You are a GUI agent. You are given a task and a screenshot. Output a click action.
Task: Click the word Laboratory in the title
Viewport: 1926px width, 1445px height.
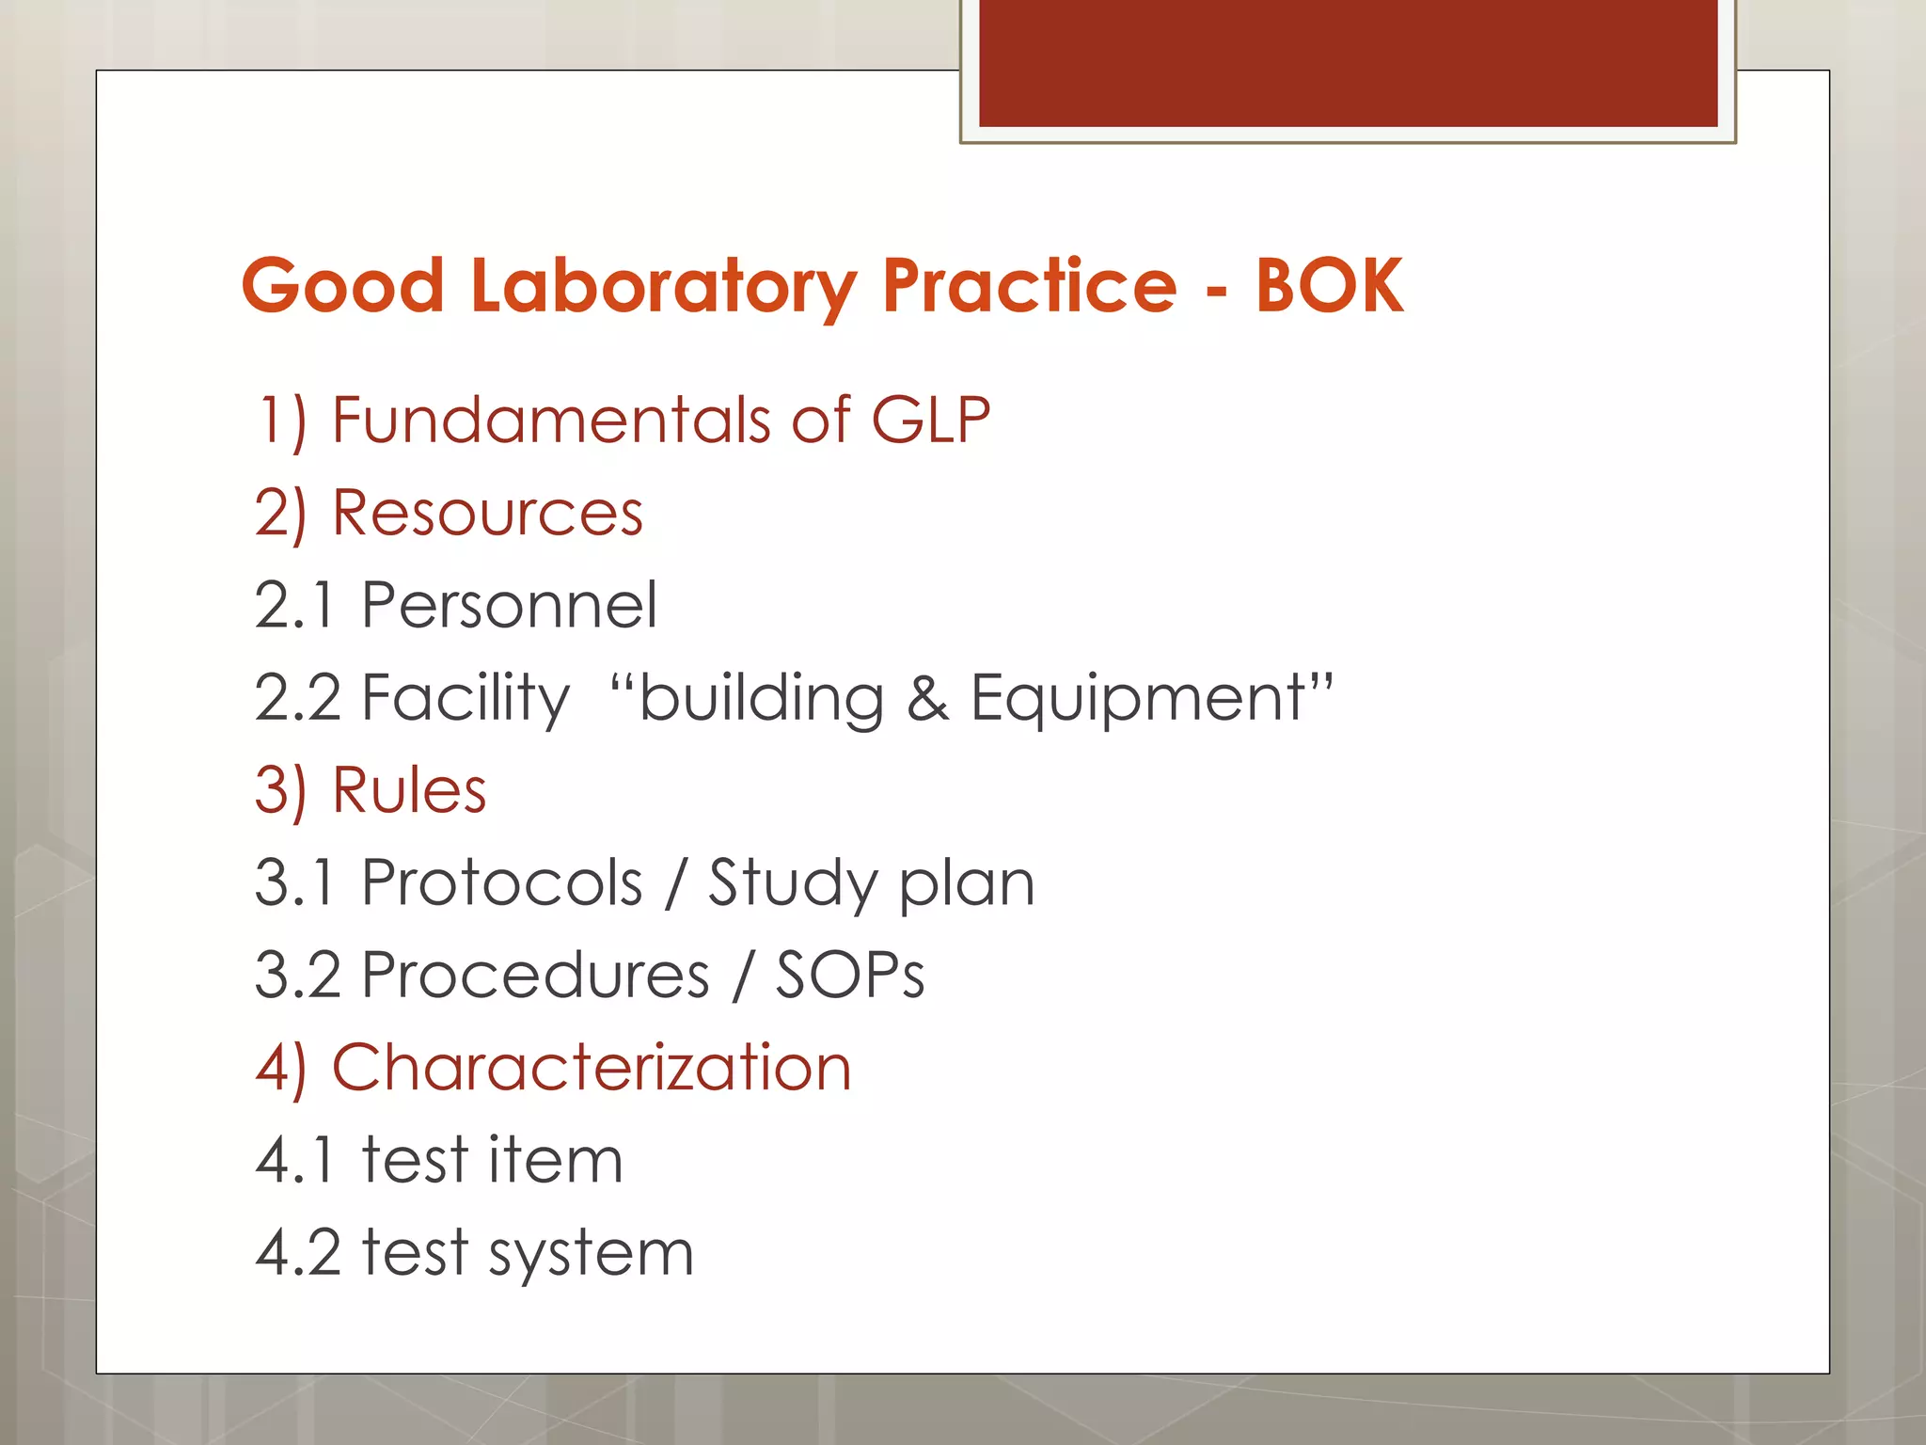(663, 286)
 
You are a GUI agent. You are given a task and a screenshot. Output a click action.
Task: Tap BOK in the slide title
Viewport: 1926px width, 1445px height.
(1329, 286)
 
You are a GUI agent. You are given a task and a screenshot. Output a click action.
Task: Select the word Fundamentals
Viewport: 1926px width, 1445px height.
(550, 420)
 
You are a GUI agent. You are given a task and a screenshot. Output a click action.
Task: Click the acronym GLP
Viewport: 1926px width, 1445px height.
(930, 420)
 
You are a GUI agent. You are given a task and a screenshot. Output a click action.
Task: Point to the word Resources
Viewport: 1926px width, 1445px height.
(487, 514)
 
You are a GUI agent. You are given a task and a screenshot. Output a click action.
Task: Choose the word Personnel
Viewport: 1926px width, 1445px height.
(509, 605)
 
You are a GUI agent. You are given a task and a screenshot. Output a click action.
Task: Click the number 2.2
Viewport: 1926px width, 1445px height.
(297, 698)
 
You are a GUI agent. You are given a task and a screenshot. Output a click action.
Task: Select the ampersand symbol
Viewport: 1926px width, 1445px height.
(927, 699)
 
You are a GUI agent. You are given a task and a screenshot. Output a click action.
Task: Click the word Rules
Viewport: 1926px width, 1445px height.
(409, 790)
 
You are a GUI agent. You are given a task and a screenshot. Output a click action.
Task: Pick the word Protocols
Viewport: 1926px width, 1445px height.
(502, 882)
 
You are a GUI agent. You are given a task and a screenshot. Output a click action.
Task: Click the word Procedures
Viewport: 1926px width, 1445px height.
(535, 975)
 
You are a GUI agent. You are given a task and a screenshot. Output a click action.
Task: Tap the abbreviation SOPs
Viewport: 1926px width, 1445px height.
(850, 975)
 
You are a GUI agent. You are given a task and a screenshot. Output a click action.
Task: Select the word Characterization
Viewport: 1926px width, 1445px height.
(592, 1068)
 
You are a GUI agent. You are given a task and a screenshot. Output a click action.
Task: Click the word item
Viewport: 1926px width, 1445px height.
(555, 1159)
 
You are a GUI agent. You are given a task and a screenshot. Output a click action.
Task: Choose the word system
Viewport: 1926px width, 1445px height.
(591, 1254)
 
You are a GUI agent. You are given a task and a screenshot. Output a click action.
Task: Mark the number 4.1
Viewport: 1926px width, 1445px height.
(294, 1160)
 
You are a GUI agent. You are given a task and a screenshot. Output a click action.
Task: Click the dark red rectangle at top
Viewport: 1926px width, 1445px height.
(1348, 63)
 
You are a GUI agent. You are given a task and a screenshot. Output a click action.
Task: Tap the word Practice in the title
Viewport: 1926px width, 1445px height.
(1030, 286)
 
